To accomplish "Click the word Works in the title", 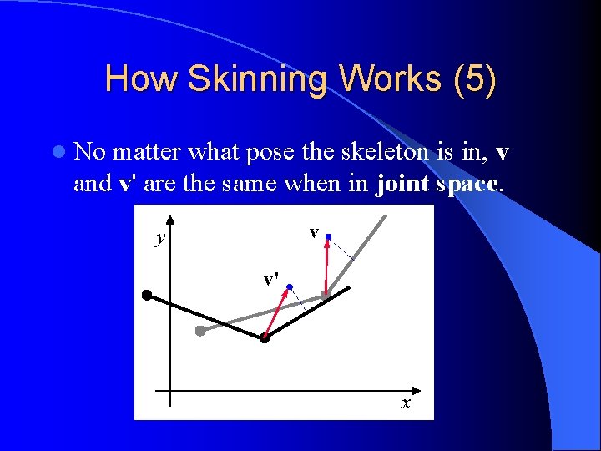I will (x=385, y=79).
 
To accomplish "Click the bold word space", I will (x=467, y=184).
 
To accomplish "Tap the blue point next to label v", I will (x=329, y=238).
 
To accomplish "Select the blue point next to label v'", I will (x=289, y=287).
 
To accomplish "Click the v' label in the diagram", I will (x=270, y=280).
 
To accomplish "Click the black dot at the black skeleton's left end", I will (x=146, y=295).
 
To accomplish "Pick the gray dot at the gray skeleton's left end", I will (x=200, y=331).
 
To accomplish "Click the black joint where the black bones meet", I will (x=265, y=338).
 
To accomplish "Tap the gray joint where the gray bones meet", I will (x=326, y=294).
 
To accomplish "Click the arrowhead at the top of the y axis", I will (x=169, y=218).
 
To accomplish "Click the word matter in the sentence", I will (x=149, y=153).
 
